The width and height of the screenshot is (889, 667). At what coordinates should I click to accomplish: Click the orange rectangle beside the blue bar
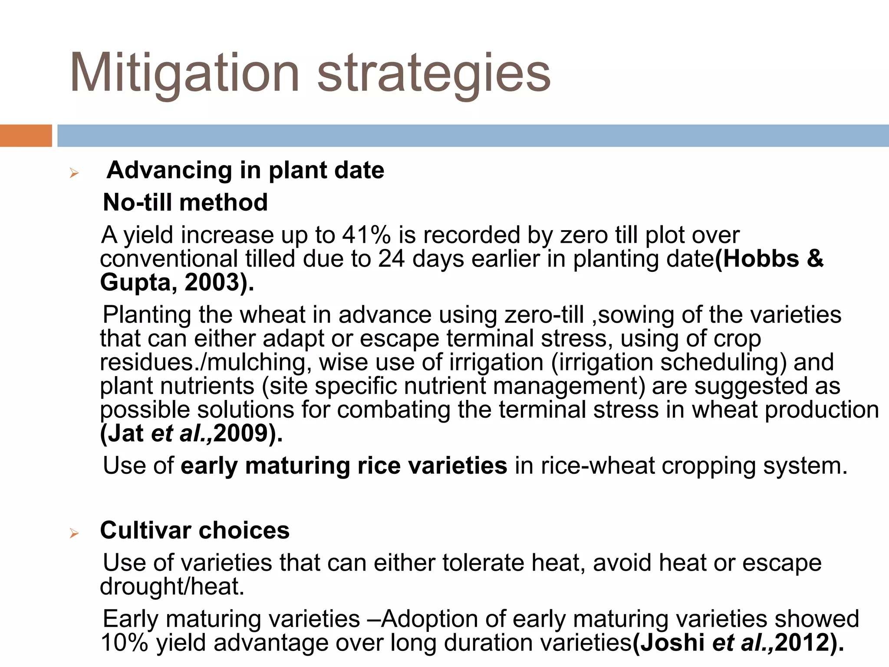click(x=26, y=135)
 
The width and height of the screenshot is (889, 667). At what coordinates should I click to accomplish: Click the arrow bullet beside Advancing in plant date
click(x=74, y=173)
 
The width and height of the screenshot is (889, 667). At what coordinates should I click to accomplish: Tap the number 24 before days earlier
click(x=391, y=259)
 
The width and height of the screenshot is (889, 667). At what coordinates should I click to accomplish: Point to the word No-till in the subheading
click(x=137, y=202)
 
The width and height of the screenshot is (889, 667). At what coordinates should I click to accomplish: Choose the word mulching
click(x=259, y=362)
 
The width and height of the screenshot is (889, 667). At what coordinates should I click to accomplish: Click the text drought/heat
click(x=172, y=586)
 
